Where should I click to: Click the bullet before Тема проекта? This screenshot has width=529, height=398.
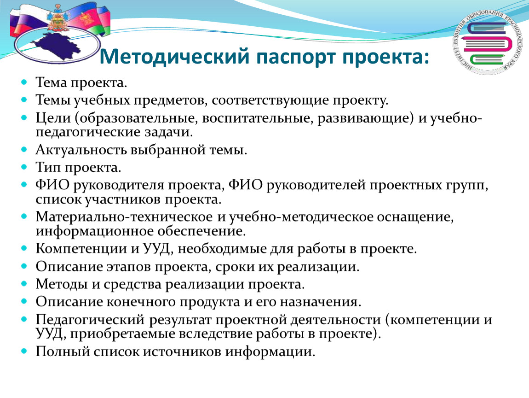[x=24, y=82]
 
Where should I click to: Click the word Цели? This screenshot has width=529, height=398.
[x=53, y=118]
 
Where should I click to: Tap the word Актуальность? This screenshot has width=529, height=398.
[x=81, y=150]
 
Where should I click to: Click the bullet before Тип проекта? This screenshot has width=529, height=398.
[x=24, y=167]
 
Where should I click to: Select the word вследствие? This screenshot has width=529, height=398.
[x=215, y=334]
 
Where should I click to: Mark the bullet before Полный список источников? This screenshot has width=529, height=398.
[x=24, y=351]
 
